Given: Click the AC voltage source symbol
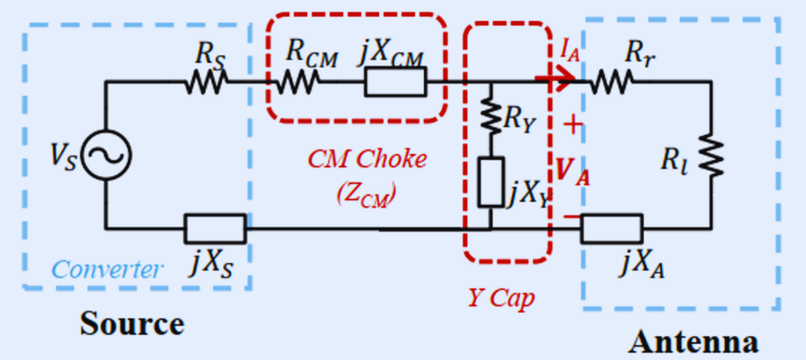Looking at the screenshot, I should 107,156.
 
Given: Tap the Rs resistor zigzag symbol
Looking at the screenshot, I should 207,83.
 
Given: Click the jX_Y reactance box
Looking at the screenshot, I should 490,180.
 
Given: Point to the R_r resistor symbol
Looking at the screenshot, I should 612,82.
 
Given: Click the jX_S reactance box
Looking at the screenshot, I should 215,228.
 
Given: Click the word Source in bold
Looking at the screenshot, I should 133,324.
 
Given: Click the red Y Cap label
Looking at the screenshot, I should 501,298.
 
